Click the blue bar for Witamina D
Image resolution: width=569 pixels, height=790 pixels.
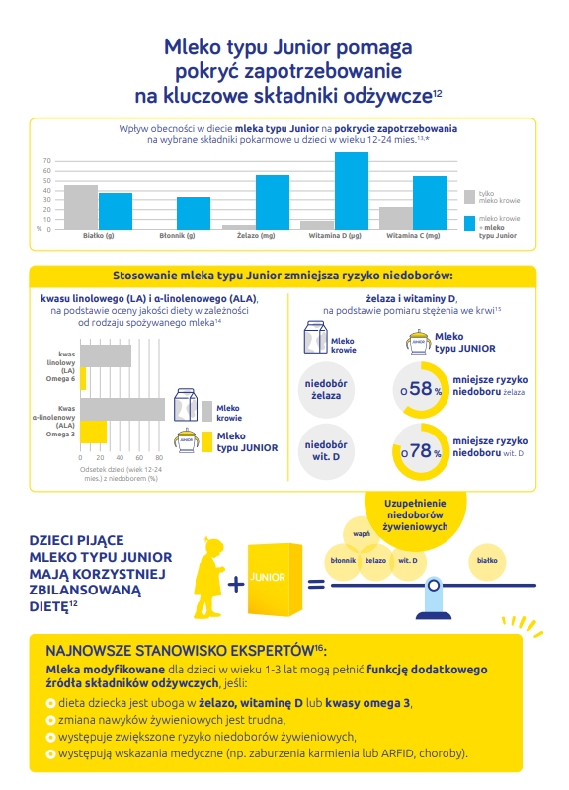pos(352,191)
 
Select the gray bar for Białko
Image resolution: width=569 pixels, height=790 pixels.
pos(81,207)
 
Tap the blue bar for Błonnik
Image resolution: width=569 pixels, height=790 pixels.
pos(194,213)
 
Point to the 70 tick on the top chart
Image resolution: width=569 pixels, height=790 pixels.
pos(47,161)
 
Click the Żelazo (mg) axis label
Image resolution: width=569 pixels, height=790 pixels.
pos(256,235)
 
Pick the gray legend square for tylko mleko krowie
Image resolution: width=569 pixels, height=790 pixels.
pos(469,197)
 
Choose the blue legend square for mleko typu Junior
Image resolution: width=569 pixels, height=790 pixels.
pos(469,224)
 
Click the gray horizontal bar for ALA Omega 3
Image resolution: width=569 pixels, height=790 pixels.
pos(122,409)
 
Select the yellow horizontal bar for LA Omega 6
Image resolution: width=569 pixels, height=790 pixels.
pos(83,378)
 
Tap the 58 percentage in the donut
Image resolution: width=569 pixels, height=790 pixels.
pos(420,388)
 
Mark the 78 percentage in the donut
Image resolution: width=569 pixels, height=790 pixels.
pos(420,450)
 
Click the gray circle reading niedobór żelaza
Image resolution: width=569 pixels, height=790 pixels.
pos(326,389)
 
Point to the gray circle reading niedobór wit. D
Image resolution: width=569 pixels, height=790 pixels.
pos(326,451)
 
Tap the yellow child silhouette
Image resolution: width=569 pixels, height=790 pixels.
pos(209,578)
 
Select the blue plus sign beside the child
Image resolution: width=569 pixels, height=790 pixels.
pos(236,584)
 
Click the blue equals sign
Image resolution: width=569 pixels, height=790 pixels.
pos(316,585)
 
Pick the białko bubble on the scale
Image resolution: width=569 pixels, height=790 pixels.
pos(487,561)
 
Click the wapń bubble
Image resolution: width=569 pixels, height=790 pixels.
pos(361,534)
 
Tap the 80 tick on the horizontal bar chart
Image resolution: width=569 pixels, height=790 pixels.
pos(159,458)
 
